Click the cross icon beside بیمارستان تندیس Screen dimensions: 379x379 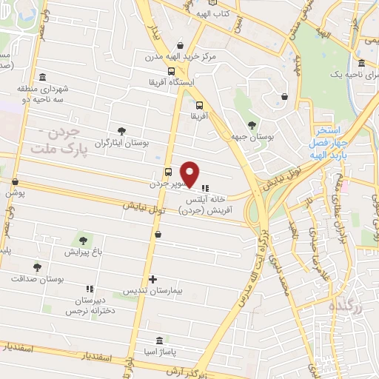pos(152,280)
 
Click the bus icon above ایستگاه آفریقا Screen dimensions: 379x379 pos(172,72)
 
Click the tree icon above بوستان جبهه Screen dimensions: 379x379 pos(252,124)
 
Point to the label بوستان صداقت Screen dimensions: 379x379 pos(38,278)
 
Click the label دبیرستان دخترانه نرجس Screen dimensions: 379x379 pos(91,307)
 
